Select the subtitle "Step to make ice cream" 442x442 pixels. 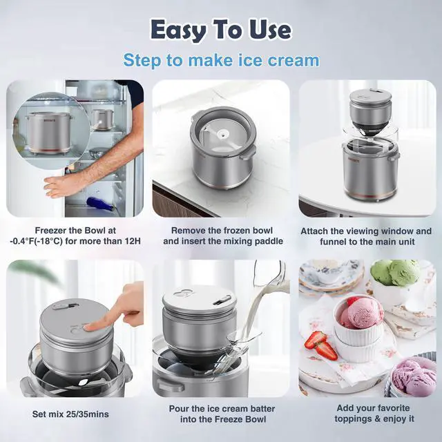click(221, 60)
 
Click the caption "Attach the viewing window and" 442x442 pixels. click(367, 230)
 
